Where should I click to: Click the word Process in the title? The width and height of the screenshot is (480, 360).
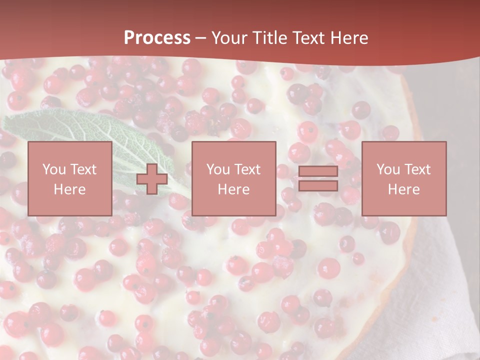click(157, 37)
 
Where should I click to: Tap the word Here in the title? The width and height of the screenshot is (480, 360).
click(348, 37)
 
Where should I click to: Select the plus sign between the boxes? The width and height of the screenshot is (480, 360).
click(152, 179)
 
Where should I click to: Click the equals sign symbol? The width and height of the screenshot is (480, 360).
click(318, 178)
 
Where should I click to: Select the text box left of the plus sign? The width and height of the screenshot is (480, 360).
click(69, 178)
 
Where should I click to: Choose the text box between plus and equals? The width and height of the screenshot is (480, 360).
click(233, 178)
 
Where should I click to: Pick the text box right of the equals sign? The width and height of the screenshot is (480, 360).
click(403, 178)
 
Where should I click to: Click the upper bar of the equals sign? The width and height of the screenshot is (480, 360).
click(318, 171)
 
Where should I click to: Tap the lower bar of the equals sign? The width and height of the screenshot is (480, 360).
click(318, 185)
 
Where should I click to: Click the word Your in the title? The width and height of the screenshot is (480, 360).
click(227, 37)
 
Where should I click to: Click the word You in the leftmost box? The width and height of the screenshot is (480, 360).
click(53, 169)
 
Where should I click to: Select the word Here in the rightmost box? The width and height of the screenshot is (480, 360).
click(403, 189)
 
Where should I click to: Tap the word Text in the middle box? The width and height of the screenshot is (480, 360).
click(247, 169)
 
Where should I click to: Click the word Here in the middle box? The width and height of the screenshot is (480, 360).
click(233, 189)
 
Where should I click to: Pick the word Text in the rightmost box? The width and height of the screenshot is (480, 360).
click(417, 169)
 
